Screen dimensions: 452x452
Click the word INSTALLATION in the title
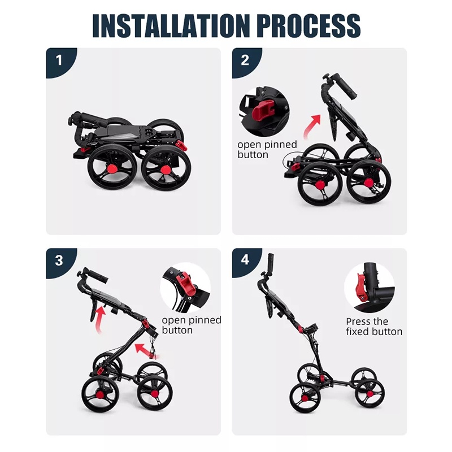[x=171, y=25]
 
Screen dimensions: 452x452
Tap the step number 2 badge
[x=245, y=61]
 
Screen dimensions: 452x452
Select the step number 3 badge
[x=59, y=261]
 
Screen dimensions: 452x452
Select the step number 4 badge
[x=245, y=260]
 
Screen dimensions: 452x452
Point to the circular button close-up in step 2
[x=264, y=111]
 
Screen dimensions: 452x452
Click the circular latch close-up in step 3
[x=185, y=288]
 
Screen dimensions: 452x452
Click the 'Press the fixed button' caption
[x=374, y=327]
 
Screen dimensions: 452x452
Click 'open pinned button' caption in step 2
[x=267, y=149]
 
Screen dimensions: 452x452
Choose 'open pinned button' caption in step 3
[x=192, y=325]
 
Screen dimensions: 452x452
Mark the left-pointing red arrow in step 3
[x=146, y=350]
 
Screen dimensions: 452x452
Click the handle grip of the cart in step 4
[x=271, y=262]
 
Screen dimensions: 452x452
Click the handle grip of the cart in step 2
[x=345, y=86]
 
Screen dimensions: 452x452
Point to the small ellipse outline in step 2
[x=294, y=160]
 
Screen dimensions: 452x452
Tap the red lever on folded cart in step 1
[x=181, y=145]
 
